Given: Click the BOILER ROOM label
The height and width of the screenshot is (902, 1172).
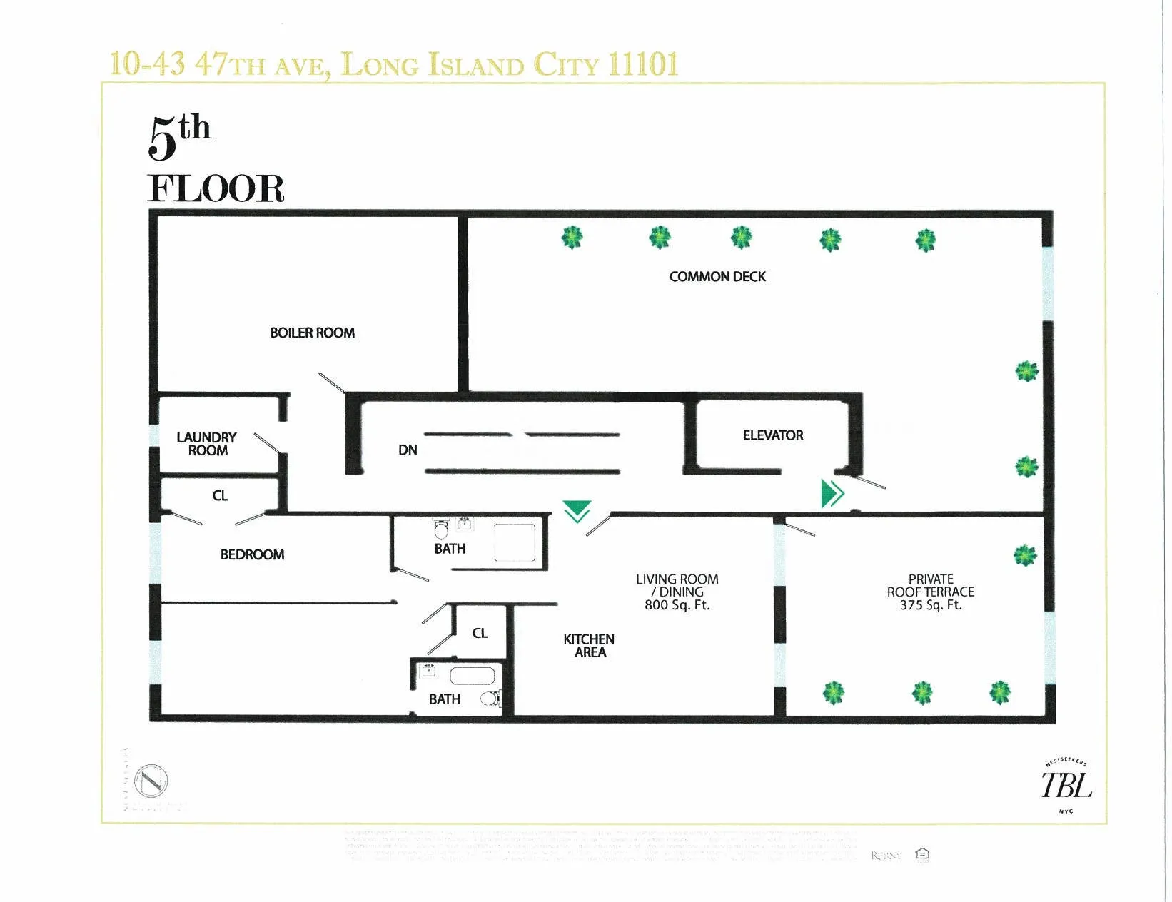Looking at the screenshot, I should (312, 333).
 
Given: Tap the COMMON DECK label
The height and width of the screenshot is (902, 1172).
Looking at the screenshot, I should (717, 276).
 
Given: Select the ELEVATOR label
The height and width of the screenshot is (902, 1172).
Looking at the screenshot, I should (772, 435).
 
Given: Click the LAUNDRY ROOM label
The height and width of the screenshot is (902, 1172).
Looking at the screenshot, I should (206, 443).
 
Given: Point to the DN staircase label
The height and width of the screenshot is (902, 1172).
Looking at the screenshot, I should (408, 450).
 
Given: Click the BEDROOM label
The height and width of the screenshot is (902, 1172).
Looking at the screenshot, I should (252, 554).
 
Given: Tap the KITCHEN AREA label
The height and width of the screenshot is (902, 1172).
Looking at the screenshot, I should (589, 645).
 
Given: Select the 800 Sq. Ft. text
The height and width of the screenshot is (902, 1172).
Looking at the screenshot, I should (677, 605).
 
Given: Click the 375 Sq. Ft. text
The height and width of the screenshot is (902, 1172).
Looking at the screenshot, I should (930, 605).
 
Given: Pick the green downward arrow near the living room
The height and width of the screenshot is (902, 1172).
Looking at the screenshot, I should (577, 511).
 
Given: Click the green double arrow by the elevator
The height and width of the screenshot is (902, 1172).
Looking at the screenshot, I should (832, 493).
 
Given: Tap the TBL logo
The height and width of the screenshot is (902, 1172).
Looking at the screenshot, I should (1066, 786).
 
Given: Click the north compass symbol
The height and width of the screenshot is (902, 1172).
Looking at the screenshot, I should (151, 781).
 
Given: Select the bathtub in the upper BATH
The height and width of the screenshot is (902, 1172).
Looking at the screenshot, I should (514, 542).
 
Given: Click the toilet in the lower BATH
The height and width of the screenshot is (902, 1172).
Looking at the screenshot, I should (490, 699).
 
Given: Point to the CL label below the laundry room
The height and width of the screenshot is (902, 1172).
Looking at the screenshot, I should (220, 495).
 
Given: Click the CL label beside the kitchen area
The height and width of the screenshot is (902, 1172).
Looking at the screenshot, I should (480, 633).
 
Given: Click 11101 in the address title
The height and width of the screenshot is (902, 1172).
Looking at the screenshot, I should (643, 64).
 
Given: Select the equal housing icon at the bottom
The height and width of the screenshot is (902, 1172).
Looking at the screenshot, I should (922, 853).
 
